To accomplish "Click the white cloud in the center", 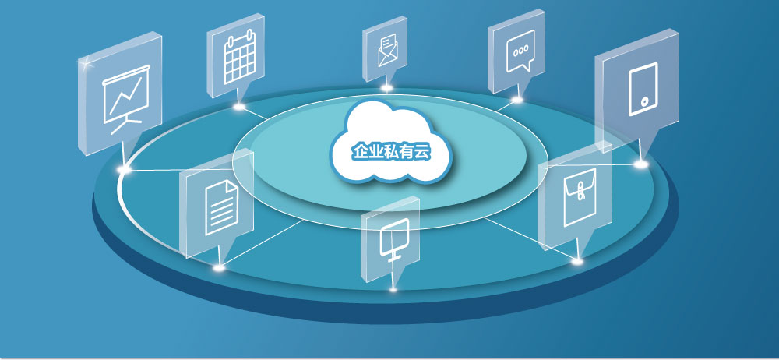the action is (x=392, y=143).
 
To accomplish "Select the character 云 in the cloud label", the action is (x=421, y=152).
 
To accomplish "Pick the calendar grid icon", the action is (x=240, y=55).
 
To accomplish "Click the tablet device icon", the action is (x=643, y=89).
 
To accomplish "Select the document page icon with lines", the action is (x=221, y=207).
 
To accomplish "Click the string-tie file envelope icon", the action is (x=580, y=197).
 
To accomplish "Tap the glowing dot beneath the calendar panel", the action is (x=239, y=107).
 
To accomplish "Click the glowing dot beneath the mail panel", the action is (x=387, y=89).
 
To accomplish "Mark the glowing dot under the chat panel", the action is (x=517, y=100).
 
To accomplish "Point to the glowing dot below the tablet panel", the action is (x=641, y=164).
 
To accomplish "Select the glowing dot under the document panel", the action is (x=219, y=268).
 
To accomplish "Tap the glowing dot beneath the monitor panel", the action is (x=393, y=289).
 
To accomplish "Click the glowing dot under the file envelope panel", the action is (x=576, y=260).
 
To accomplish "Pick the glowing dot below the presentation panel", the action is (x=124, y=169).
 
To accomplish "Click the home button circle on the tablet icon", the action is (x=644, y=101).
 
